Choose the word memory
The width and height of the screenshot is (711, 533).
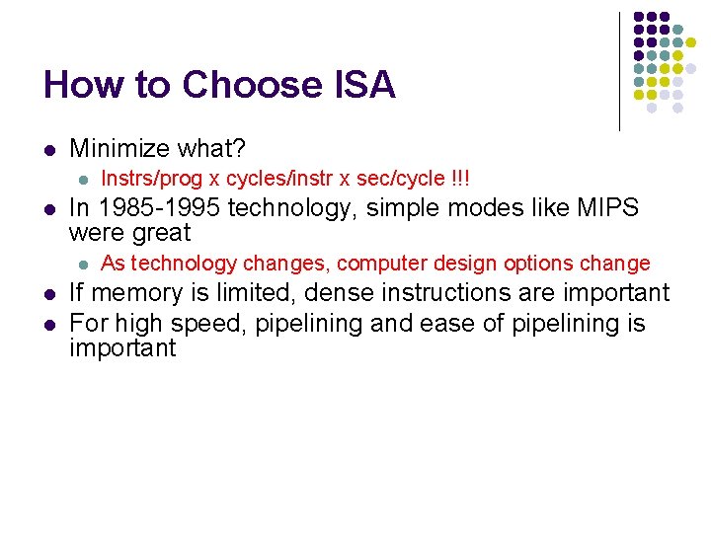[x=133, y=293]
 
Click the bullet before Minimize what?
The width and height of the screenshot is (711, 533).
[x=47, y=150]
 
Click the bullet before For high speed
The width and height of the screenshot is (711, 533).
[x=47, y=323]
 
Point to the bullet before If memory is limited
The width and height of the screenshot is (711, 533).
[x=47, y=294]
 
